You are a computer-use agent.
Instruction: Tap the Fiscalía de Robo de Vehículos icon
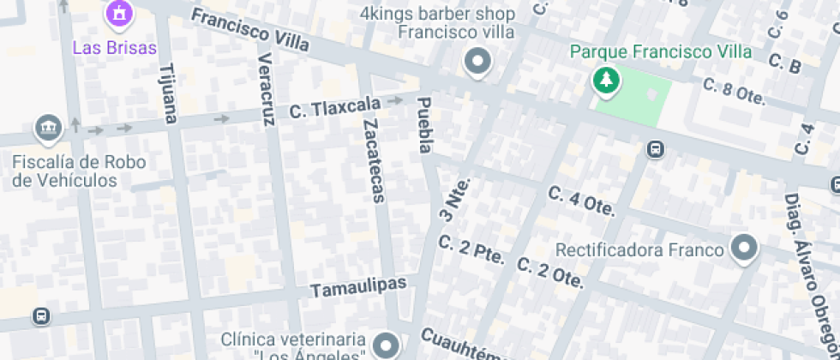(x=49, y=129)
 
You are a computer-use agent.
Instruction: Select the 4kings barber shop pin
(x=476, y=63)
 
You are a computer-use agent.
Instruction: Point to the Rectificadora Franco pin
(x=744, y=249)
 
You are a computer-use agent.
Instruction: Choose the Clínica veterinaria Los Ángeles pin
(x=387, y=345)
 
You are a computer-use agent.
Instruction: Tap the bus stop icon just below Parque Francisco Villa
(x=656, y=149)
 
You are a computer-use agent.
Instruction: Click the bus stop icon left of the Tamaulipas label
(x=40, y=316)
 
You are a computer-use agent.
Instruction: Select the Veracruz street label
(x=266, y=89)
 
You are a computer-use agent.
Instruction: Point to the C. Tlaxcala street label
(x=334, y=108)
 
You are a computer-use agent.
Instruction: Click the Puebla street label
(x=423, y=125)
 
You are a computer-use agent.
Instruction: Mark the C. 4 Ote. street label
(x=582, y=201)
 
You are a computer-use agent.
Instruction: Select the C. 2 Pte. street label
(x=471, y=250)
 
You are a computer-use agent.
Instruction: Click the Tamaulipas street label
(x=358, y=286)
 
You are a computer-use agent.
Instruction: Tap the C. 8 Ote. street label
(x=734, y=91)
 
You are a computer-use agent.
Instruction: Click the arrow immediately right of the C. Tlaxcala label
(x=396, y=101)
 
